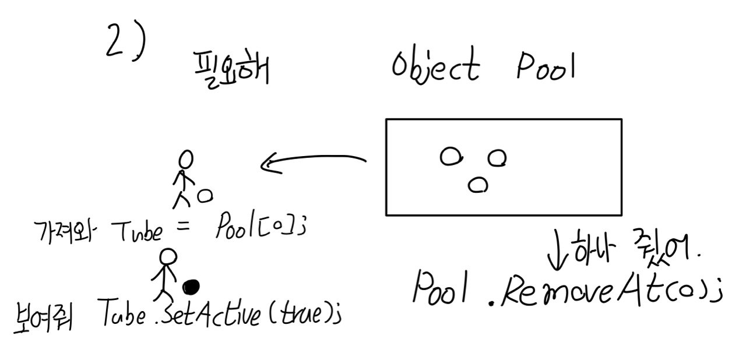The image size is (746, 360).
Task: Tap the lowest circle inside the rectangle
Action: click(478, 185)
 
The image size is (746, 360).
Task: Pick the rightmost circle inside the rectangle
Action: click(497, 157)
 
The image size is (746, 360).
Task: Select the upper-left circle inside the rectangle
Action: click(451, 156)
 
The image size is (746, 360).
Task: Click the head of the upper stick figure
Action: click(186, 158)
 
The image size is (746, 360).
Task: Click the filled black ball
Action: click(191, 287)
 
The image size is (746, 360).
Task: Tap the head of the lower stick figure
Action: click(168, 257)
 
